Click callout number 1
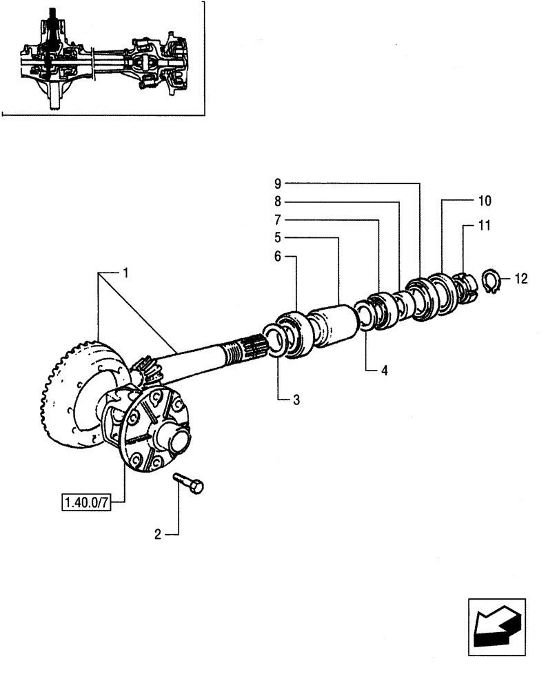pos(126,274)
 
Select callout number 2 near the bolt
pos(158,533)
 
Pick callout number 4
pos(384,371)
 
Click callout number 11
pos(484,224)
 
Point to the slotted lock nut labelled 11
pos(464,286)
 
